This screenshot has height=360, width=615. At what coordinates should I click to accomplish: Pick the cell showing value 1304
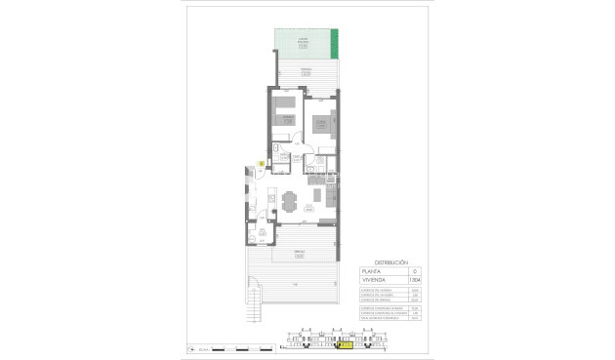[413, 280]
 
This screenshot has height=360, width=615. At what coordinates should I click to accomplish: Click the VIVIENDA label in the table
[376, 280]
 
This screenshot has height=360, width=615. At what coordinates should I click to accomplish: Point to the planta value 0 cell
[413, 270]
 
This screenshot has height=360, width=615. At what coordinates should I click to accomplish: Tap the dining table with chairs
[289, 203]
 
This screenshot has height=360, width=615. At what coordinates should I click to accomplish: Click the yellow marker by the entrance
[261, 163]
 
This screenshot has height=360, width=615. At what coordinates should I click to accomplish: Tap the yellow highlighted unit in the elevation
[344, 343]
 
